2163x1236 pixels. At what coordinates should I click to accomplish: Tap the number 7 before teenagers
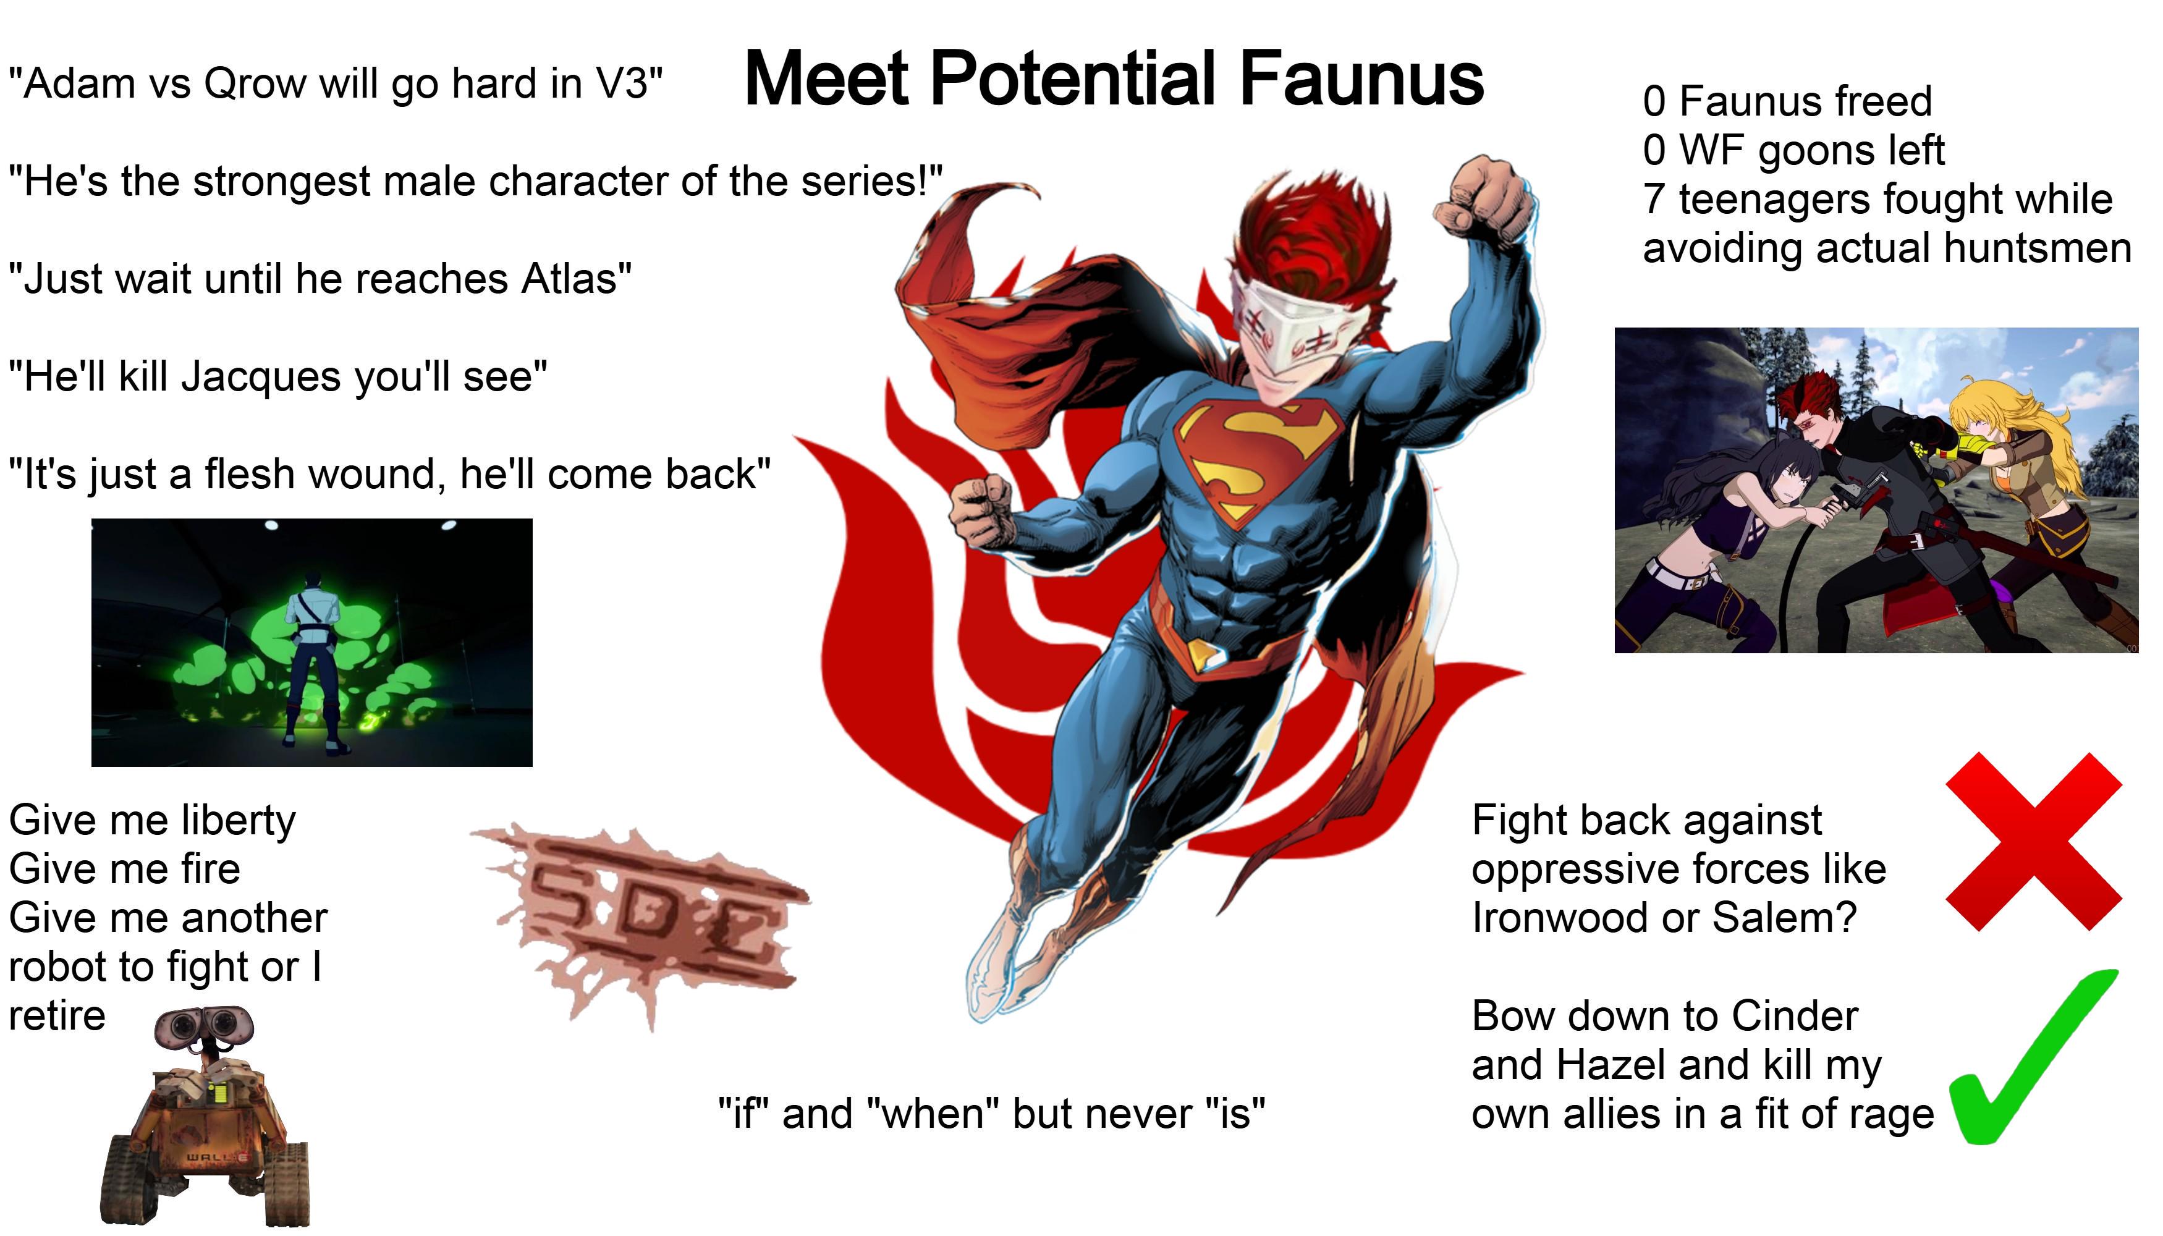click(x=1654, y=200)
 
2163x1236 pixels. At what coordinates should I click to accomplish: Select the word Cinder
click(x=1795, y=1016)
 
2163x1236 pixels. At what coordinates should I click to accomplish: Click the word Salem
click(x=1784, y=918)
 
